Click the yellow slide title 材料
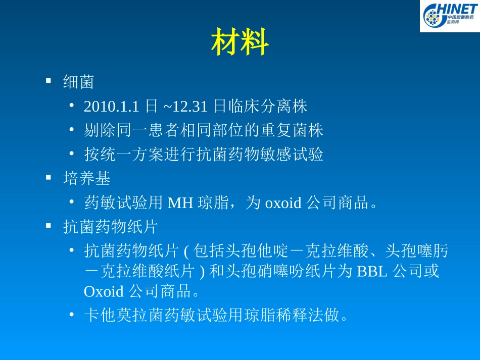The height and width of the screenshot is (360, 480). coord(239,42)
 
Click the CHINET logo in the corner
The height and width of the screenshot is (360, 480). coord(449,16)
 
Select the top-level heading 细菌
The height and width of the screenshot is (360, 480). coord(78,82)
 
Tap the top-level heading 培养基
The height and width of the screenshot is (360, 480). coord(86,178)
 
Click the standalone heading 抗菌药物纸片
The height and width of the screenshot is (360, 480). coord(111,227)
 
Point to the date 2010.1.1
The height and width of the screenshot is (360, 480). coord(111,107)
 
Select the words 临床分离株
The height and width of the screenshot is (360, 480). coord(267,107)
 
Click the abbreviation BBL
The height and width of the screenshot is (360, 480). coord(372,272)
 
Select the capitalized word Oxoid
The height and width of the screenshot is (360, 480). coord(104,291)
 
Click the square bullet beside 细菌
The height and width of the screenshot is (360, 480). coord(49,81)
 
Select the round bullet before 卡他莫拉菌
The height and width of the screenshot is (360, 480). coord(72,315)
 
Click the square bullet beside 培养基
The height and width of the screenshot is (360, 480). coord(49,177)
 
